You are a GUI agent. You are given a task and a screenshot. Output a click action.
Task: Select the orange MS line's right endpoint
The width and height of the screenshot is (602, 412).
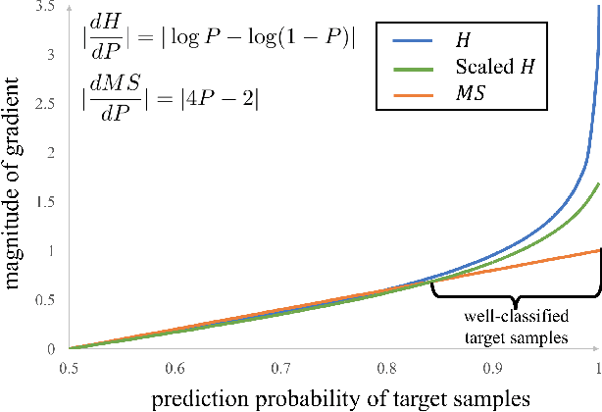[x=598, y=250]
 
